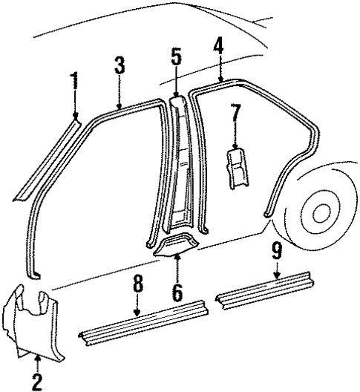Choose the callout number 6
click(x=177, y=291)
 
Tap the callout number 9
click(x=276, y=253)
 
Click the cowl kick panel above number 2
click(x=33, y=319)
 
